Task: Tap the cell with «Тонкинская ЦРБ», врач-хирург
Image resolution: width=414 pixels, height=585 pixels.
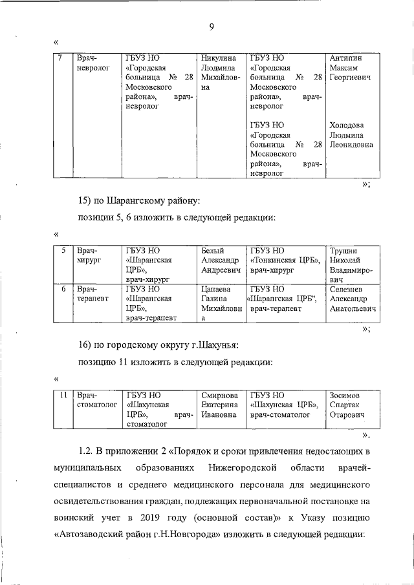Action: [x=283, y=260]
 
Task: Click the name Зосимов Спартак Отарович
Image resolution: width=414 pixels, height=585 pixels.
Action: [x=348, y=404]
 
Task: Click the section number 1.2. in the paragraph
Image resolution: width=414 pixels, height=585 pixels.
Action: [x=87, y=450]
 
